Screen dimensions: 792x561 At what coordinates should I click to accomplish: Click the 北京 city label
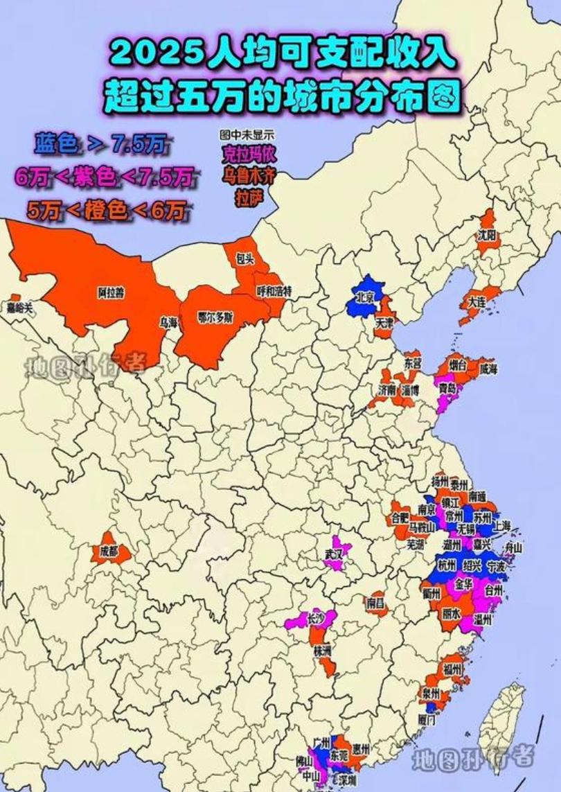click(365, 297)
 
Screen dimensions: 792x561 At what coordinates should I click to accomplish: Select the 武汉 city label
click(333, 554)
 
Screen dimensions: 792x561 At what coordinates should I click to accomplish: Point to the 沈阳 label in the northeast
click(486, 235)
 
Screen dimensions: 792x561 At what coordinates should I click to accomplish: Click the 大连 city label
click(476, 302)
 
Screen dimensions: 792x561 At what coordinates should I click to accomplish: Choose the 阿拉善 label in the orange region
click(111, 293)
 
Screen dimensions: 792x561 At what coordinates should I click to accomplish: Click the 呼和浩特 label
click(274, 290)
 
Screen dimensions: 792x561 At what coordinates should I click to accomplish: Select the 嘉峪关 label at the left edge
click(19, 307)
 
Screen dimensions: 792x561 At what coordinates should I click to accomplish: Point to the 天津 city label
click(385, 323)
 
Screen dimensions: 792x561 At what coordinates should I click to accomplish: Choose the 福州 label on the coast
click(452, 669)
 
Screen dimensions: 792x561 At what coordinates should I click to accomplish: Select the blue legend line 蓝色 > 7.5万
click(100, 144)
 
